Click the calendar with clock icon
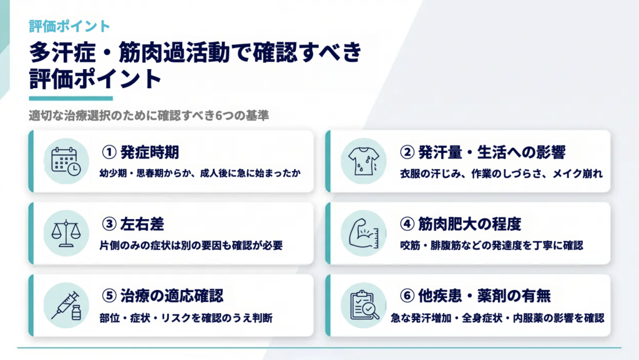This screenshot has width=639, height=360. (66, 161)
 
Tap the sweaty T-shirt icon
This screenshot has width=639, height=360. (364, 161)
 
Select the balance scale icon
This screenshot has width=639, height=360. (66, 233)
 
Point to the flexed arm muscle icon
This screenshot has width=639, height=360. (364, 233)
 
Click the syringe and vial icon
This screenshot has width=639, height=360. (66, 306)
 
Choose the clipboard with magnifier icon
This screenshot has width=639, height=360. (364, 306)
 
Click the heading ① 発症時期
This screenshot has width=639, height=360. (140, 152)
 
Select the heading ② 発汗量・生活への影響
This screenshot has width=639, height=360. (482, 152)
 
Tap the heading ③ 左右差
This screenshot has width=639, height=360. (133, 224)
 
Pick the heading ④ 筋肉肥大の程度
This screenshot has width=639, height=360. (460, 224)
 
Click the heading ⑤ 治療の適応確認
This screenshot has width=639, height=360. (162, 296)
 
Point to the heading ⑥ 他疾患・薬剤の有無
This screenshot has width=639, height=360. (475, 296)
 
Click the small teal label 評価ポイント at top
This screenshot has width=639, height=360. (69, 26)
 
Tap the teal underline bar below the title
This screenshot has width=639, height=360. (71, 98)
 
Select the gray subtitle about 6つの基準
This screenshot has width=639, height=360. (149, 115)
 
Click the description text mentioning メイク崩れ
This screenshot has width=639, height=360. (501, 174)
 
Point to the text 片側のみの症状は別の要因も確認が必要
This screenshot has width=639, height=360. (191, 246)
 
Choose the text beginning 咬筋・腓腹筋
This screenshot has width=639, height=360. (492, 246)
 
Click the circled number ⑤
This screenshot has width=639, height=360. (109, 296)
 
